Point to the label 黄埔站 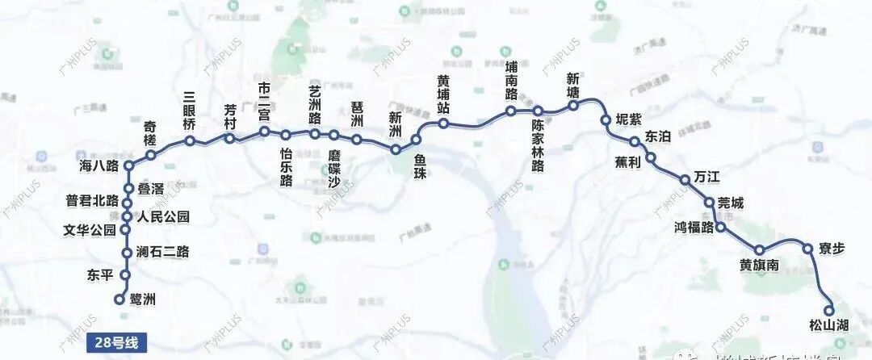tap(443, 95)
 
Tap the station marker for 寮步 tap(807, 249)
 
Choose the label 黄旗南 tap(759, 266)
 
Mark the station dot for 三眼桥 tap(190, 141)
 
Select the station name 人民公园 tap(163, 216)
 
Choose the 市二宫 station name tap(264, 101)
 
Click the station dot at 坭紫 tap(605, 120)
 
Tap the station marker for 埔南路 tap(511, 111)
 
